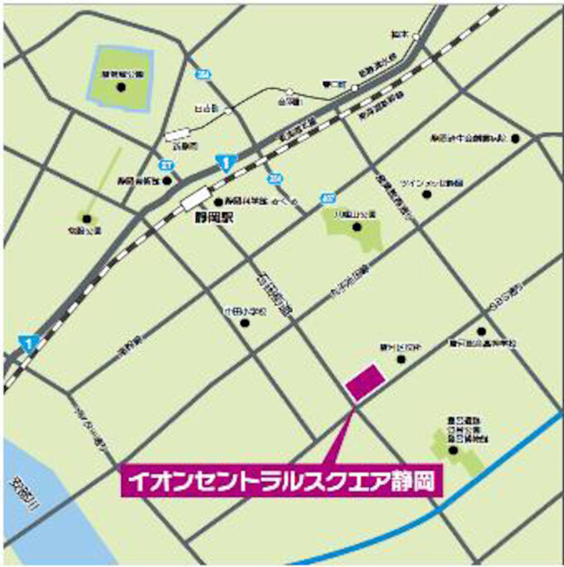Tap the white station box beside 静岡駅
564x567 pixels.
pyautogui.click(x=196, y=197)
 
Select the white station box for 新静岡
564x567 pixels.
pyautogui.click(x=177, y=135)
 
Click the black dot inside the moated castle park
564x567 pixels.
pyautogui.click(x=122, y=86)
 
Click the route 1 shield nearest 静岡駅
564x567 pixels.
pyautogui.click(x=221, y=163)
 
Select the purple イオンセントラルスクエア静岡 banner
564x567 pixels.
pyautogui.click(x=282, y=479)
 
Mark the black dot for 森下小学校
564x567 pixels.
pyautogui.click(x=244, y=322)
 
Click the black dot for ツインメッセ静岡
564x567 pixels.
pyautogui.click(x=426, y=195)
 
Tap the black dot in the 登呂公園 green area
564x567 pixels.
pyautogui.click(x=453, y=450)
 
